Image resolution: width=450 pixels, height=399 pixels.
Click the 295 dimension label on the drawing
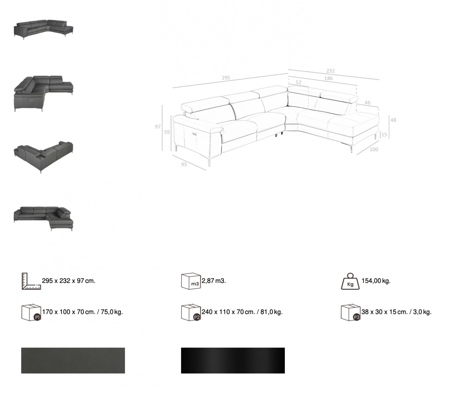226,78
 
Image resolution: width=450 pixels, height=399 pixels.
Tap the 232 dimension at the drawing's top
330,71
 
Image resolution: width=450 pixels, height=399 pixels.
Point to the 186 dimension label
328,78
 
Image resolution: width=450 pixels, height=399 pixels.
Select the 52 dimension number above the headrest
298,82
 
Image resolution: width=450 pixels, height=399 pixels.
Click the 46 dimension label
367,103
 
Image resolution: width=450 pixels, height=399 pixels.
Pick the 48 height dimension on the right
393,120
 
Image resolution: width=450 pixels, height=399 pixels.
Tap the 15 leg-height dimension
384,135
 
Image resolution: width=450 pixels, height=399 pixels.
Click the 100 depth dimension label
374,149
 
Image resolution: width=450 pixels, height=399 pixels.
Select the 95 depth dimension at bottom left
184,164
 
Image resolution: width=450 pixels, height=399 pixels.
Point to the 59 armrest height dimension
167,132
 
